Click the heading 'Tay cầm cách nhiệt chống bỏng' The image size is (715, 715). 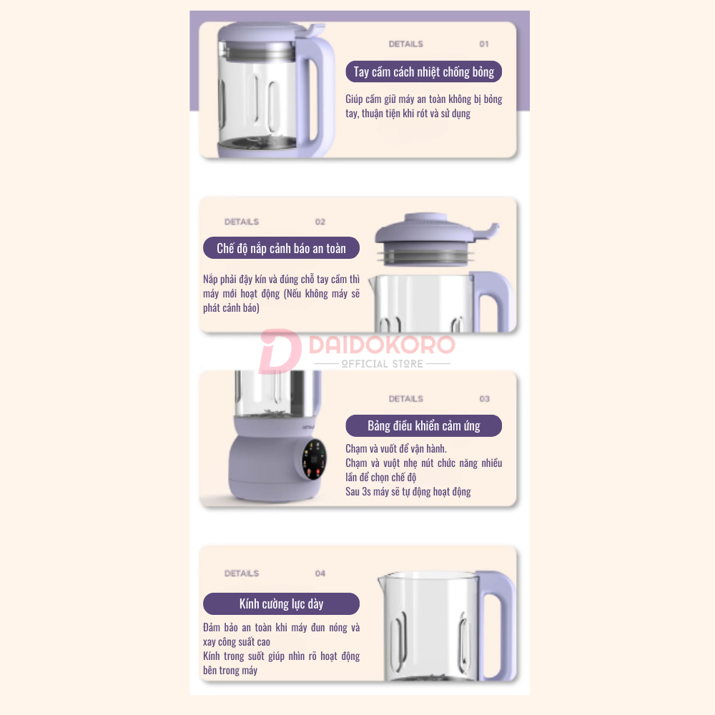[x=423, y=71]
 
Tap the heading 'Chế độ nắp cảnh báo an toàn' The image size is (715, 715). [x=281, y=248]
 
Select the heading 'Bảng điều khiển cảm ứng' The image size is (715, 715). [x=423, y=425]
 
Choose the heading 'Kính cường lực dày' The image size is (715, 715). [x=281, y=603]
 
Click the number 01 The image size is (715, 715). [x=484, y=44]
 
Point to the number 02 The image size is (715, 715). [x=320, y=222]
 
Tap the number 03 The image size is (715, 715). [x=484, y=399]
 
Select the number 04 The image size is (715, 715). [x=320, y=573]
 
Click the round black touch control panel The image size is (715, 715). [x=314, y=460]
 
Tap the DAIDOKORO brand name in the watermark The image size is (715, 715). [x=382, y=345]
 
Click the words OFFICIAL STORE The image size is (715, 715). [x=382, y=364]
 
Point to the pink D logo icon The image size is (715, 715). [x=280, y=351]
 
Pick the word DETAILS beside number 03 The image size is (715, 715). [x=406, y=399]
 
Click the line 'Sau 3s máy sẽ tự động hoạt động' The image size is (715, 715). [x=408, y=492]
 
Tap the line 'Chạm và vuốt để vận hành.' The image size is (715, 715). [x=396, y=449]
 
